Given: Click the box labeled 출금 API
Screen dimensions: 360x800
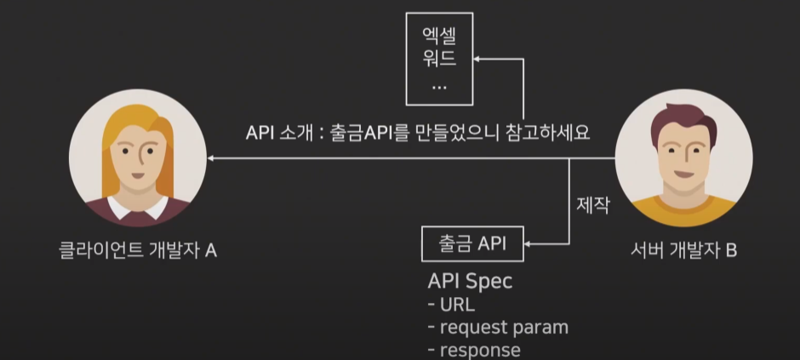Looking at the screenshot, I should point(473,244).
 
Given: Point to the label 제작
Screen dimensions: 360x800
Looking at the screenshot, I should point(592,206).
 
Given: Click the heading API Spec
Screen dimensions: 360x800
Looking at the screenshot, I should point(471,281).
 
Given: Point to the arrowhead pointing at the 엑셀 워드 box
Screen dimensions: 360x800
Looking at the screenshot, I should point(479,60).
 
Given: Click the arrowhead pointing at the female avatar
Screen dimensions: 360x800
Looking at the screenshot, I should point(213,159).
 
